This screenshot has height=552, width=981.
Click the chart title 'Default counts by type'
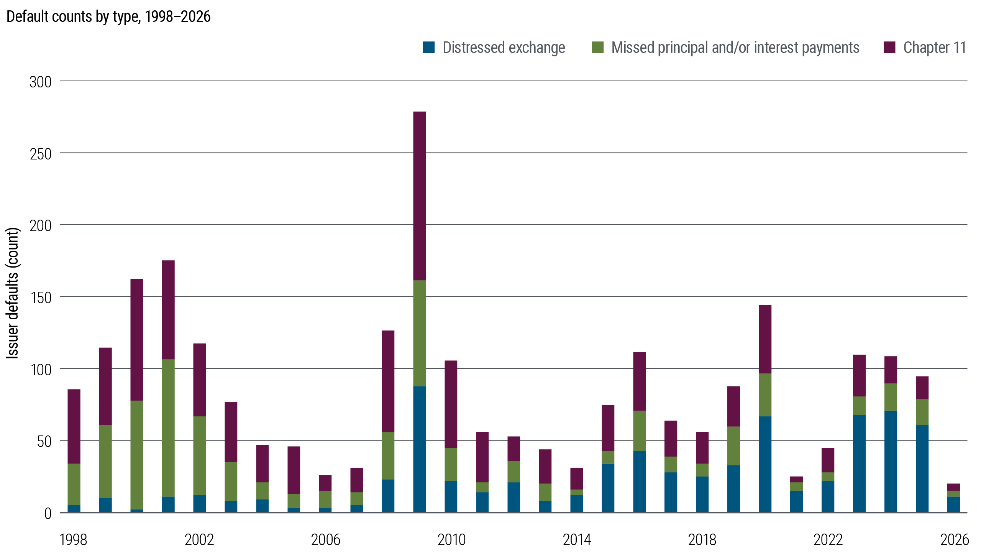click(x=108, y=17)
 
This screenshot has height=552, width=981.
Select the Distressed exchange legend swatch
click(x=429, y=48)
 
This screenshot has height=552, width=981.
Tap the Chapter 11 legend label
click(x=934, y=48)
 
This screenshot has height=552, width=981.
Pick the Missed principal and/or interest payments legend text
click(x=735, y=48)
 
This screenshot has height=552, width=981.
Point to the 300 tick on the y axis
click(x=40, y=82)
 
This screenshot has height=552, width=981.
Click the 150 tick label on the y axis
click(x=40, y=298)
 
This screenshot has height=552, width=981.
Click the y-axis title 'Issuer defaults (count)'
click(x=13, y=293)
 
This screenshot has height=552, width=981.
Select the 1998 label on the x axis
click(x=74, y=540)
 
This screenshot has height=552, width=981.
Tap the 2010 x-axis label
click(x=451, y=540)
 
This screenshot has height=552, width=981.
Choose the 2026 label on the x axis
click(x=954, y=540)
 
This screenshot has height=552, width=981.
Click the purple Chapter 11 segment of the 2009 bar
click(x=420, y=196)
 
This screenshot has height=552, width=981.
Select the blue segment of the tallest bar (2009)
click(x=420, y=449)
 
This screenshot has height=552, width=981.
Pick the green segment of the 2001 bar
click(x=168, y=428)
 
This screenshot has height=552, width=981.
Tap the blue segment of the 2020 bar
click(x=765, y=464)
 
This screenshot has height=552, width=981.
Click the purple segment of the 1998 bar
click(x=74, y=426)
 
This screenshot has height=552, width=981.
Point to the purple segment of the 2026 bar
click(x=954, y=487)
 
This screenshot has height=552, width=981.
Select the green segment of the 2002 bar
click(x=200, y=456)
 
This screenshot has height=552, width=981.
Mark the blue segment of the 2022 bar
click(x=828, y=496)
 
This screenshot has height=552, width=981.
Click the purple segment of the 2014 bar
click(x=577, y=478)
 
